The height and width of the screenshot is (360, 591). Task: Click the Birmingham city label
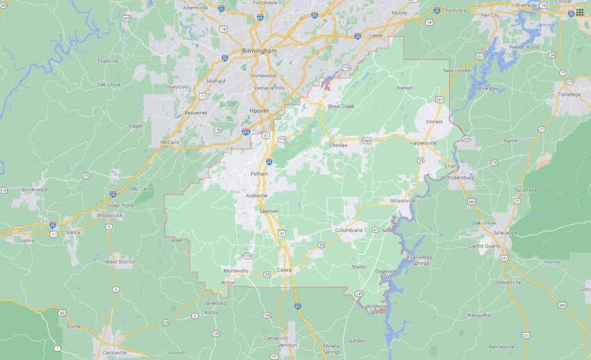tap(259, 51)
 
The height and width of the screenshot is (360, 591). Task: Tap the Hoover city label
tap(259, 110)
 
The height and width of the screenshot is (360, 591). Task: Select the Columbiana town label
tap(349, 229)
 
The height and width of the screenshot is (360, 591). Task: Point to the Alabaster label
tap(257, 196)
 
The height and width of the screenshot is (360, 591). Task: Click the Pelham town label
tap(259, 173)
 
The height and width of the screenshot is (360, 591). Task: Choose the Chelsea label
tap(338, 145)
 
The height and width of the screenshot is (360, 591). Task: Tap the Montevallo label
tap(236, 270)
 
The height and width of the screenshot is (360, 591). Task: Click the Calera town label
tap(284, 270)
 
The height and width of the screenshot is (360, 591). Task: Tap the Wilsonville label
tap(403, 200)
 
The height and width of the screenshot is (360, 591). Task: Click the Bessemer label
tap(195, 113)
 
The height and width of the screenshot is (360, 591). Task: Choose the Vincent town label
tap(434, 122)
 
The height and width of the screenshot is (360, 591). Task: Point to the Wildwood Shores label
tap(378, 309)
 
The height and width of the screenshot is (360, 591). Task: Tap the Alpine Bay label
tap(485, 89)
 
